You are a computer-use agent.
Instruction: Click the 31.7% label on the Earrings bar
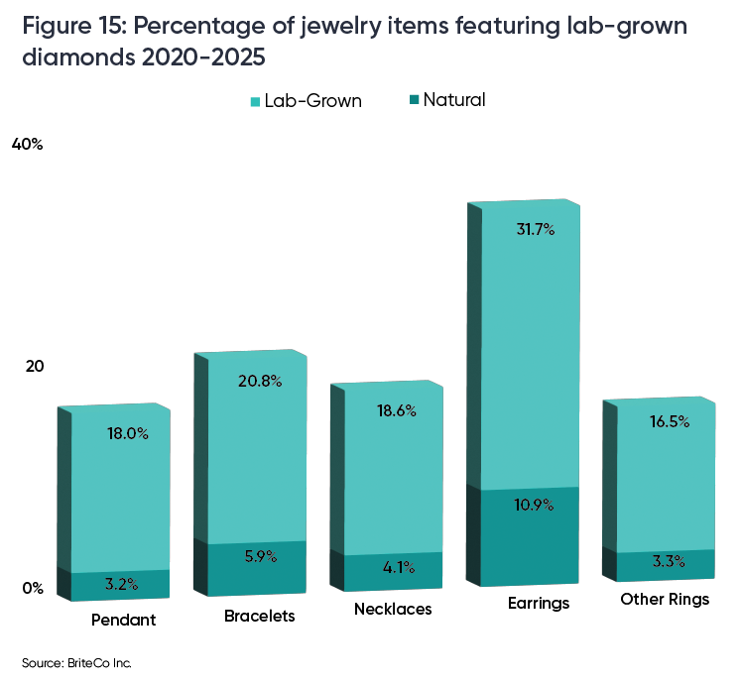[536, 230]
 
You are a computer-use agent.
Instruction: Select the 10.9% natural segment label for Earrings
[536, 505]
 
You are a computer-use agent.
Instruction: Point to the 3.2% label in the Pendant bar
[120, 585]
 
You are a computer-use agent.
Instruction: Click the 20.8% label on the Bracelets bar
[261, 381]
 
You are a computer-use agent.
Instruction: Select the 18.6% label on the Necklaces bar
[396, 410]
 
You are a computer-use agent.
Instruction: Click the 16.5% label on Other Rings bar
[669, 421]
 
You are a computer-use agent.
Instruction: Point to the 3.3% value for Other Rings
[667, 562]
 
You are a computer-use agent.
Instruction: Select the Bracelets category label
[260, 616]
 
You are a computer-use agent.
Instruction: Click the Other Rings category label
[665, 600]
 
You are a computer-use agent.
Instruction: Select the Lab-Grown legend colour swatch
[256, 101]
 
